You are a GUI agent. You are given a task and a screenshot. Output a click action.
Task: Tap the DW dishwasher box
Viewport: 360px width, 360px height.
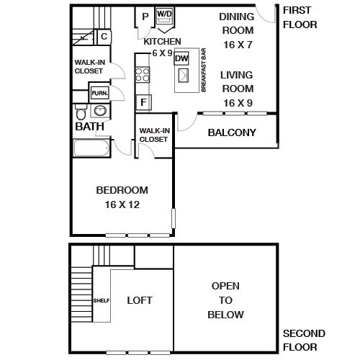(x=181, y=58)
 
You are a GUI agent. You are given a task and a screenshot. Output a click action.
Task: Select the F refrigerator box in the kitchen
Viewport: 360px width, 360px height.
(x=143, y=102)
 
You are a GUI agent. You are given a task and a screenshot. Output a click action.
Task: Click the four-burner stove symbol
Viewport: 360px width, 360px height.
(x=143, y=75)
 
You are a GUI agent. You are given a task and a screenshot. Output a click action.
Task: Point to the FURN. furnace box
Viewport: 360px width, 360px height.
(x=100, y=93)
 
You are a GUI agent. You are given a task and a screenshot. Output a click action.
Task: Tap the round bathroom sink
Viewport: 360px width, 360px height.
(x=100, y=111)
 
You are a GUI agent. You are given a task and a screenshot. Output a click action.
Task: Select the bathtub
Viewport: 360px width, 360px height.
(x=91, y=148)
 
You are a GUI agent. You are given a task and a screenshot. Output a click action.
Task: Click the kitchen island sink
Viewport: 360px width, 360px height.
(x=184, y=76)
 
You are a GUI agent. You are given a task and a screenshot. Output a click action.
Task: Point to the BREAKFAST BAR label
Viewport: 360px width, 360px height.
(x=204, y=70)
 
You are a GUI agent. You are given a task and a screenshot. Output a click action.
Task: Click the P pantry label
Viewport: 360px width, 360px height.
(x=145, y=17)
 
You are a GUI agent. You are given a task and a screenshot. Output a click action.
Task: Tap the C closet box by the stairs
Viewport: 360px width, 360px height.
(x=104, y=37)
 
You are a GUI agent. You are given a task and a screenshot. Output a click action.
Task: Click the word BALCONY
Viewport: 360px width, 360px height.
(x=232, y=132)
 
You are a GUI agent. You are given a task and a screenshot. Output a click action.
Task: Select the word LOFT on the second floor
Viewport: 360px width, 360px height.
(x=140, y=300)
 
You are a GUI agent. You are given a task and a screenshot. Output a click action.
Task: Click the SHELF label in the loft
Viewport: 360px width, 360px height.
(x=102, y=300)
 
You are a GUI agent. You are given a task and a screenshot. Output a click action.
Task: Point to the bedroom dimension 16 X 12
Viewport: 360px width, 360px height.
(x=122, y=204)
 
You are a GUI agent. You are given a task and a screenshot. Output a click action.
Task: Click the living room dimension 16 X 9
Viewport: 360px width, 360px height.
(x=238, y=103)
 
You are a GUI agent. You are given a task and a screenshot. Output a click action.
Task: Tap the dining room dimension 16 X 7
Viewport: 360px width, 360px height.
(x=238, y=45)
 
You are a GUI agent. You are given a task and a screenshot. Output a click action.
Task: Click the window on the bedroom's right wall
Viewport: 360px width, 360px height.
(x=174, y=218)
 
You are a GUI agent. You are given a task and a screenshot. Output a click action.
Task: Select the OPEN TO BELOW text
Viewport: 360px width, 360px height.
(x=225, y=300)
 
